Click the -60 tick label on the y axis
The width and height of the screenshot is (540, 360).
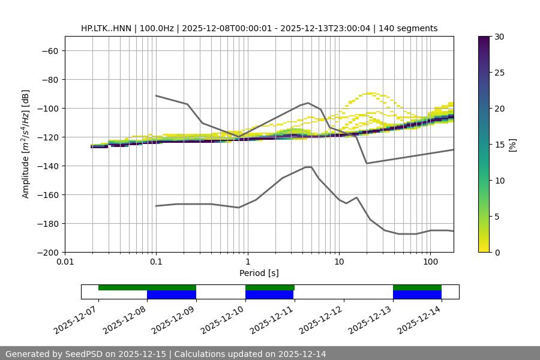[x=49, y=51]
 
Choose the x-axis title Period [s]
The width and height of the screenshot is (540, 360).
[x=259, y=273]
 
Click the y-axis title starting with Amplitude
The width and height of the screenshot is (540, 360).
[x=26, y=144]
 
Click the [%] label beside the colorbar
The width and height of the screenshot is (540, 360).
[x=512, y=145]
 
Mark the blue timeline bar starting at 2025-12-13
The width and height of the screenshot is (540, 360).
[x=417, y=295]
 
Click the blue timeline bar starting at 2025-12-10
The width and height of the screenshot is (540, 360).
[x=269, y=295]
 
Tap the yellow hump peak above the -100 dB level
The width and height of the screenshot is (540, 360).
[x=371, y=94]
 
